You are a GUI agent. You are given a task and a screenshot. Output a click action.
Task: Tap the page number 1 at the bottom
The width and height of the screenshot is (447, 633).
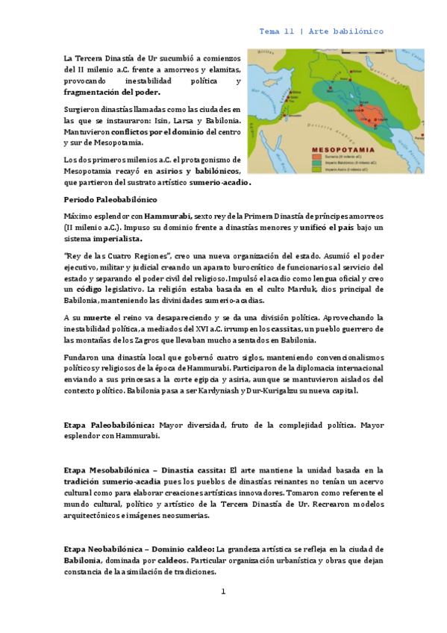pyautogui.click(x=222, y=592)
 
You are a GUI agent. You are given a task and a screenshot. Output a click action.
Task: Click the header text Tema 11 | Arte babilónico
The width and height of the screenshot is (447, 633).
pyautogui.click(x=321, y=31)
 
